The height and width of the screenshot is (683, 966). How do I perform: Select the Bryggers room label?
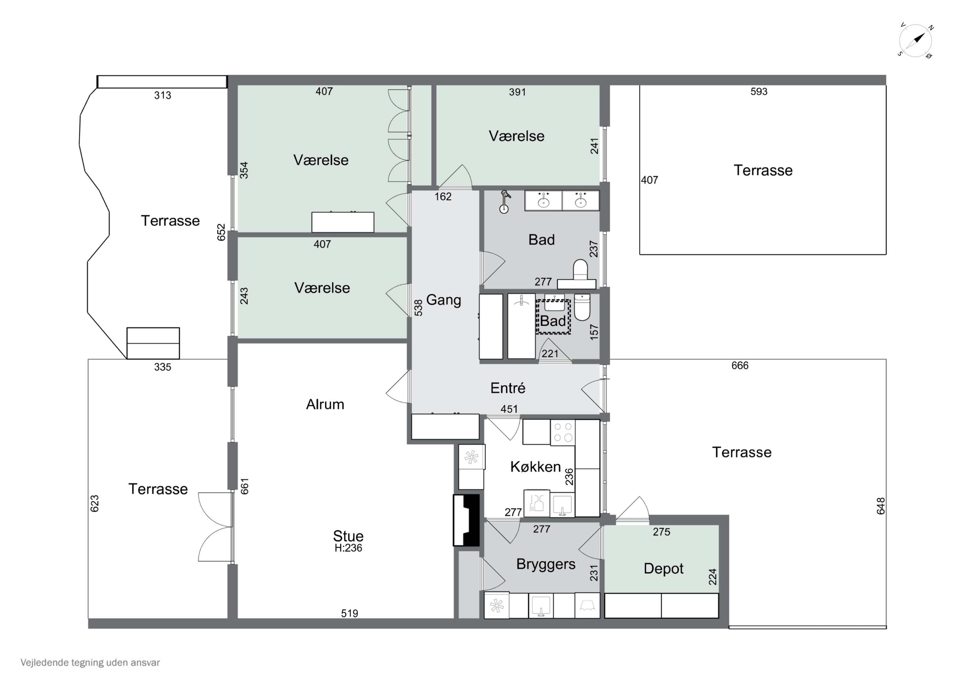pyautogui.click(x=546, y=564)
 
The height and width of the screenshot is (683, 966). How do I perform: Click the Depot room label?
pyautogui.click(x=664, y=569)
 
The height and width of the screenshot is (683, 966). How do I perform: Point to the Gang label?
pyautogui.click(x=443, y=300)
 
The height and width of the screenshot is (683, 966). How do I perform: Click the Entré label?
pyautogui.click(x=508, y=388)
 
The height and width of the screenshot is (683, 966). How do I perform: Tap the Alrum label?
pyautogui.click(x=325, y=404)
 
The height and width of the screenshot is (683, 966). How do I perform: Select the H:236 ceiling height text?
pyautogui.click(x=348, y=548)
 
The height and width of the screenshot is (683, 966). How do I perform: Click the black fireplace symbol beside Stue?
pyautogui.click(x=466, y=521)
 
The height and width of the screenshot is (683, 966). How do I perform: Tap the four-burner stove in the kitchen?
pyautogui.click(x=563, y=432)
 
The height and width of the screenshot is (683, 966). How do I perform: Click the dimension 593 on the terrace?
pyautogui.click(x=759, y=92)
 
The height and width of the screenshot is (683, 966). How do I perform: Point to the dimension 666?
pyautogui.click(x=740, y=366)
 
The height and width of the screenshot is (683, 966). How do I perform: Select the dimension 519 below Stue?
pyautogui.click(x=350, y=613)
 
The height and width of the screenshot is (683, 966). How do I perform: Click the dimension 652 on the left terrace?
pyautogui.click(x=221, y=232)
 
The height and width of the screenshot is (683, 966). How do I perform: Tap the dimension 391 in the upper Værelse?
pyautogui.click(x=517, y=92)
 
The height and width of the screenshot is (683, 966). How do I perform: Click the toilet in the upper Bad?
pyautogui.click(x=581, y=270)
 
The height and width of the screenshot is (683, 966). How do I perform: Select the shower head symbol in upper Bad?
pyautogui.click(x=505, y=202)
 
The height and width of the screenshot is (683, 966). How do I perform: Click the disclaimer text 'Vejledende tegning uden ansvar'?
pyautogui.click(x=90, y=663)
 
